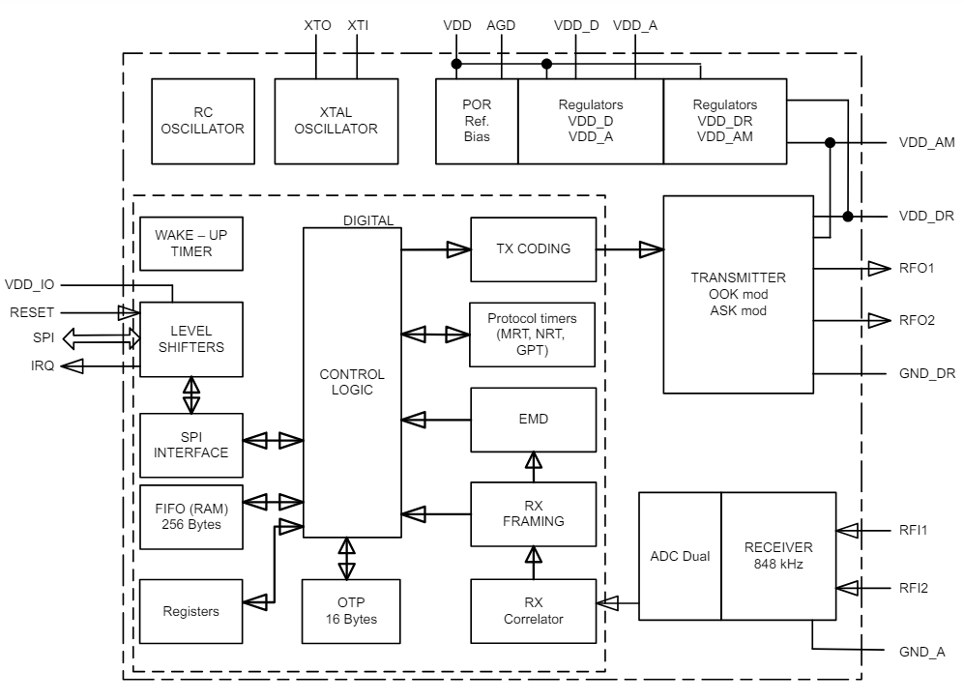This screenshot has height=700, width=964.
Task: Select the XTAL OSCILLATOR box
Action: coord(336,121)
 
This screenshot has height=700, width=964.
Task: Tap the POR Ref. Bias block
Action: coord(477,121)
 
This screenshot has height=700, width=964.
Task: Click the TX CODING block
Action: coord(532,249)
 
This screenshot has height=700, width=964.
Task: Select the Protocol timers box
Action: coord(532,334)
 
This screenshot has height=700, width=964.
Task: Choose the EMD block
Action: coord(532,421)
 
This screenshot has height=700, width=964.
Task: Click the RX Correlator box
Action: coord(532,610)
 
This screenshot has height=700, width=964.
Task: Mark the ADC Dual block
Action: coord(680,556)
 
